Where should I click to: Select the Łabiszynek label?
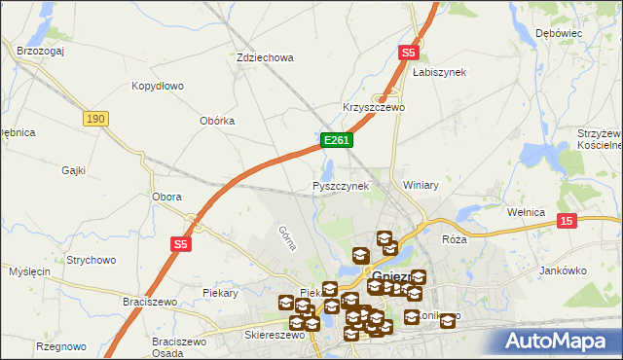439,72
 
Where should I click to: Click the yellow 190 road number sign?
94,118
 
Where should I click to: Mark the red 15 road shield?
567,222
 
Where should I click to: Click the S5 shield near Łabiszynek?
408,54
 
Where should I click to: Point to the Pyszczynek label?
340,185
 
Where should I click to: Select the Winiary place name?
421,185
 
